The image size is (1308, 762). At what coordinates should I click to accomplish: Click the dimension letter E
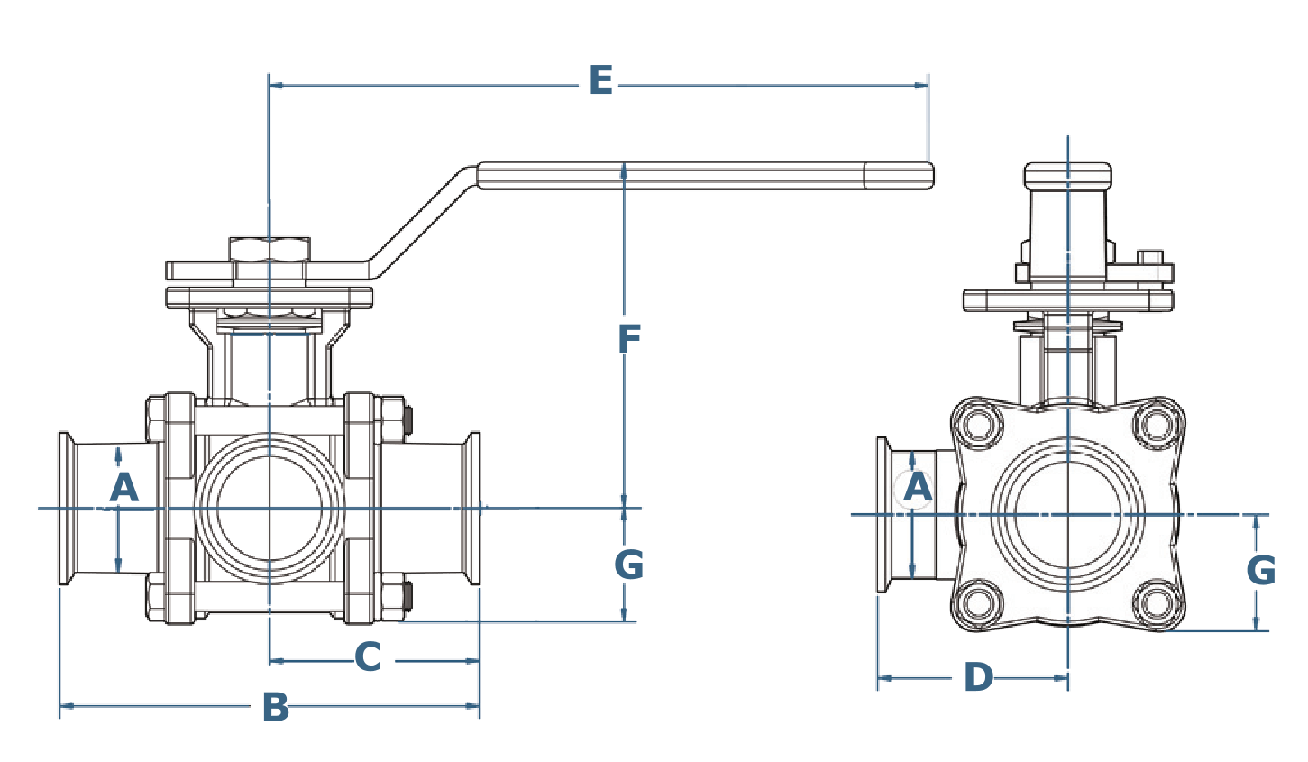pyautogui.click(x=600, y=81)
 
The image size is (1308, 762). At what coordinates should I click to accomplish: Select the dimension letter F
pyautogui.click(x=628, y=338)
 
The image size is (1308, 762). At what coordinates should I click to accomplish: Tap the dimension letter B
pyautogui.click(x=276, y=708)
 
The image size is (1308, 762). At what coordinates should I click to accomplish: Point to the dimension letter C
pyautogui.click(x=368, y=658)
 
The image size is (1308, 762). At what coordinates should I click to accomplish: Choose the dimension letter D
pyautogui.click(x=978, y=676)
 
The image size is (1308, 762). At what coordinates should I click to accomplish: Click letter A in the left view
pyautogui.click(x=123, y=488)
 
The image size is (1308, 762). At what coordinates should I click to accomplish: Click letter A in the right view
pyautogui.click(x=917, y=488)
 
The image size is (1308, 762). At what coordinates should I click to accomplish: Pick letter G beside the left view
pyautogui.click(x=628, y=566)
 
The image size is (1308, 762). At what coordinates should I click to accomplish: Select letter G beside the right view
pyautogui.click(x=1260, y=571)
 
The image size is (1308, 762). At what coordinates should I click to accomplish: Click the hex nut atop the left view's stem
pyautogui.click(x=270, y=250)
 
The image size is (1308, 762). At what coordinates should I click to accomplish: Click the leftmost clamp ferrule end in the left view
pyautogui.click(x=65, y=508)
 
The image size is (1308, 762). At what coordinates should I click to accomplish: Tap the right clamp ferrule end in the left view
pyautogui.click(x=472, y=508)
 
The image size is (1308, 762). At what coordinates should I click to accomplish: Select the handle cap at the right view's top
pyautogui.click(x=1068, y=174)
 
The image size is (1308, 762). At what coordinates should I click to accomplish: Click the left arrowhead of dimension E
pyautogui.click(x=278, y=86)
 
